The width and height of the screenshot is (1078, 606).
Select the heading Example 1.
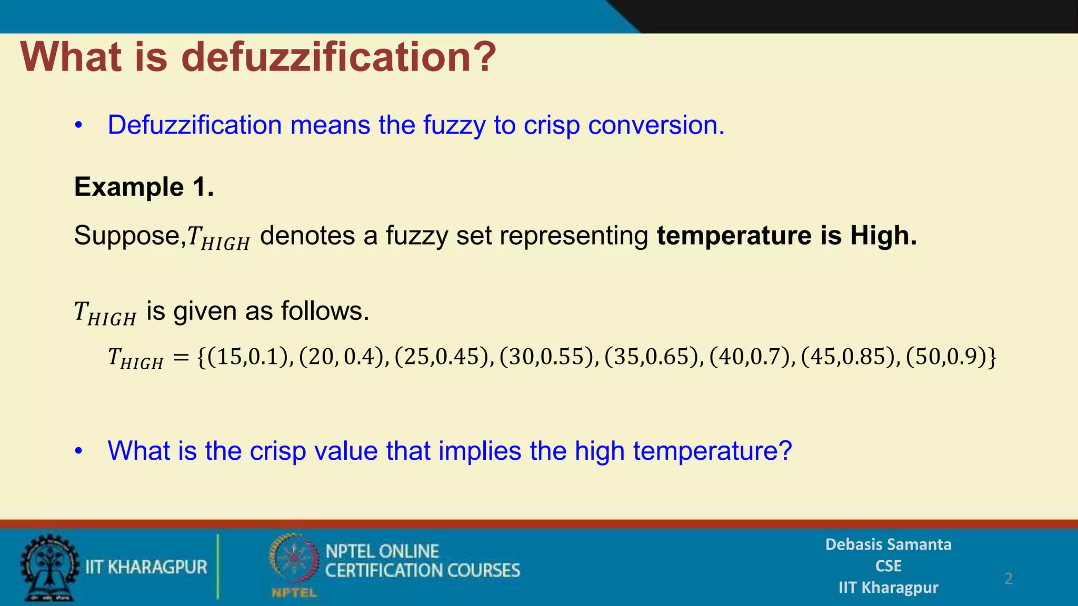click(144, 187)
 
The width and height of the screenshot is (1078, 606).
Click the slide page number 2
click(1008, 579)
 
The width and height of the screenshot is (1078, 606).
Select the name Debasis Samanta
click(888, 544)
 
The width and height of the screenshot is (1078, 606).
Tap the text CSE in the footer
click(888, 566)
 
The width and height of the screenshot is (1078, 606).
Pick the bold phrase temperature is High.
click(787, 235)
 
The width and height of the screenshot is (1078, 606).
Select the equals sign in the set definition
click(181, 358)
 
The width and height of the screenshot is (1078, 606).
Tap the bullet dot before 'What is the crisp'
click(79, 451)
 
